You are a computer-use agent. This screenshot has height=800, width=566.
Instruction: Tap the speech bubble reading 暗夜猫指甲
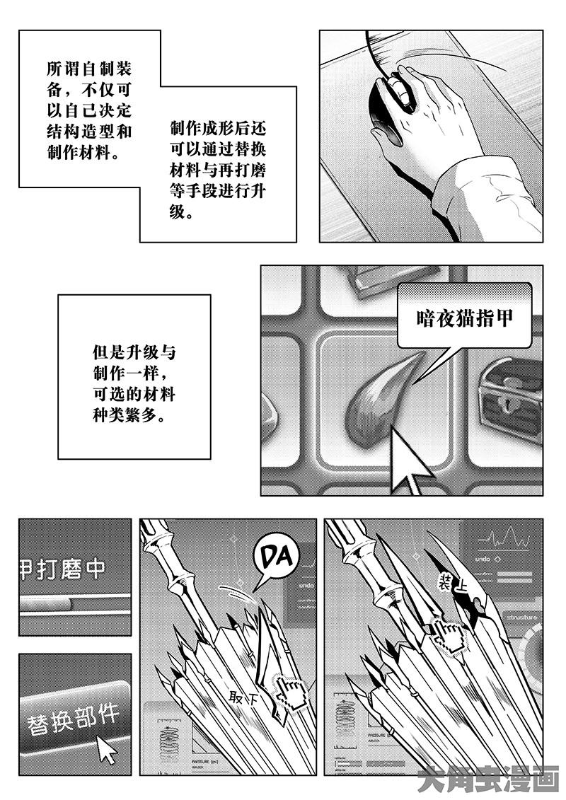point(463,318)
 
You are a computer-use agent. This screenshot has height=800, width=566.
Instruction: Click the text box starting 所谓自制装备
point(88,110)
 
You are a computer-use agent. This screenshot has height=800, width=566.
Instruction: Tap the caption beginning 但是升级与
point(134,382)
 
